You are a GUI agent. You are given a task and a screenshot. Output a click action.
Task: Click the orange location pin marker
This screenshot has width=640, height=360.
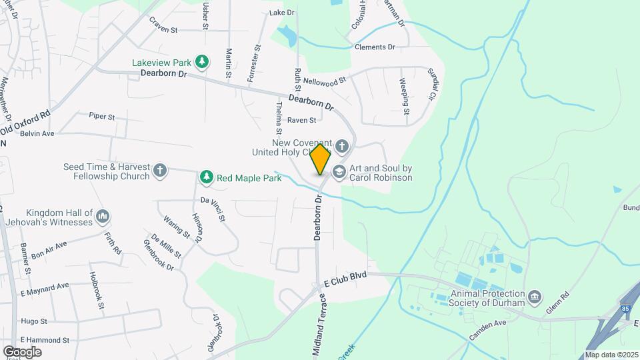[321, 159]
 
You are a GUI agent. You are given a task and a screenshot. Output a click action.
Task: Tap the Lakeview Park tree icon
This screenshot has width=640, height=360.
[203, 63]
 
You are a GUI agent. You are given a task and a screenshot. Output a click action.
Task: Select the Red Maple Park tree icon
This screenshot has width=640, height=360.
[207, 177]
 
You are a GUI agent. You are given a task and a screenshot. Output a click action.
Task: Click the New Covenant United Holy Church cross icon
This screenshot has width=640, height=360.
[341, 146]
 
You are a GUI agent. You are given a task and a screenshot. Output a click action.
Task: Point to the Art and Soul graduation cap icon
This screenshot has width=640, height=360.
[339, 172]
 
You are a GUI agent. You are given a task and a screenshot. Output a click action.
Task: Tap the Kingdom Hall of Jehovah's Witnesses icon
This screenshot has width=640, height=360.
[103, 216]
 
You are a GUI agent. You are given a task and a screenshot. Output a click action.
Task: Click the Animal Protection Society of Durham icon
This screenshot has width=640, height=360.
[533, 296]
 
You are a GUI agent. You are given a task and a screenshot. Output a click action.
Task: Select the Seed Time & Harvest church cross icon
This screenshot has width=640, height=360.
[159, 171]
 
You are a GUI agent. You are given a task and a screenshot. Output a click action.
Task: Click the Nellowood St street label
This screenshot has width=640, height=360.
[325, 81]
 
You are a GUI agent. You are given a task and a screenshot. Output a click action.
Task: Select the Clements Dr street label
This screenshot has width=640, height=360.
[375, 47]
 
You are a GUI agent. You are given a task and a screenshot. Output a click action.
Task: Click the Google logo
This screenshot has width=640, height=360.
[22, 352]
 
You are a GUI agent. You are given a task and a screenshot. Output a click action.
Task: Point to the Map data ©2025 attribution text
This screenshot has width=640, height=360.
[611, 355]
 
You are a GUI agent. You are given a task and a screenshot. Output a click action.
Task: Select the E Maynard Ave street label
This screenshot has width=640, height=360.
[45, 285]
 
